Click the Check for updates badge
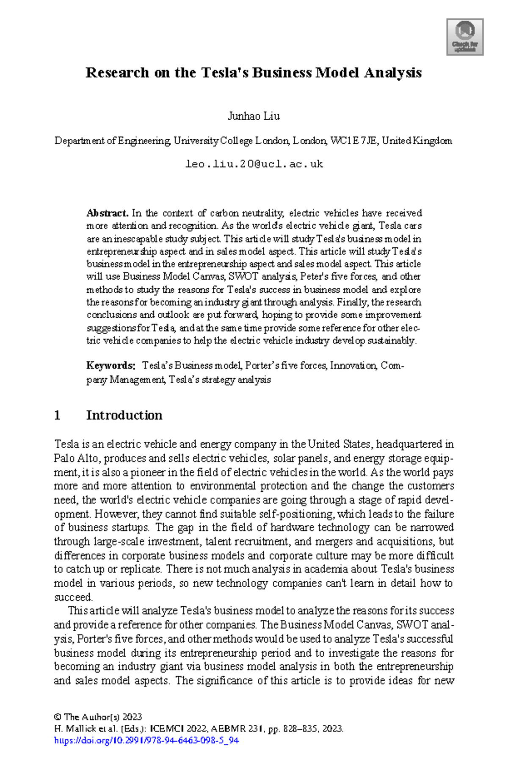click(x=465, y=37)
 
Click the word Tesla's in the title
click(x=224, y=73)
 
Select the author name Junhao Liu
click(x=254, y=116)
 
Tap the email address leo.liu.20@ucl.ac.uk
click(x=254, y=164)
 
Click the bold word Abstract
click(x=107, y=213)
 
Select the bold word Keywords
click(x=110, y=366)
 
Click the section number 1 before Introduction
click(x=57, y=415)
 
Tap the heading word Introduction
click(x=124, y=415)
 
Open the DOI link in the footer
click(x=146, y=740)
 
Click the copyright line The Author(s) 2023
click(x=98, y=717)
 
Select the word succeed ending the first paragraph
click(x=73, y=597)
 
